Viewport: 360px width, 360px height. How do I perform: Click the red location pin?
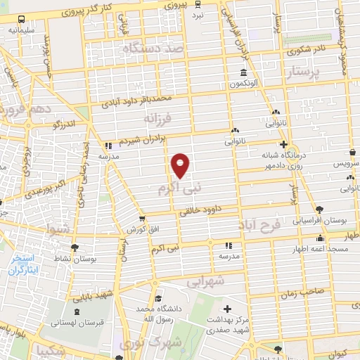[181, 165]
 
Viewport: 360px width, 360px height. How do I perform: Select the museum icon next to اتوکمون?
[243, 74]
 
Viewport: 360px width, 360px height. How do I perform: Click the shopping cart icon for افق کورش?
[142, 219]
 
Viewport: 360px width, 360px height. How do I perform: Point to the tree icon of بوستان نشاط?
[75, 247]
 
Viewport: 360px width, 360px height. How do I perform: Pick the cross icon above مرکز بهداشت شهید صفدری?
[226, 309]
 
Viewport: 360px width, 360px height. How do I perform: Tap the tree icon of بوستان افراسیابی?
[320, 210]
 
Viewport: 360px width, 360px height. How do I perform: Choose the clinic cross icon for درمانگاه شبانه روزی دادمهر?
[283, 143]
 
